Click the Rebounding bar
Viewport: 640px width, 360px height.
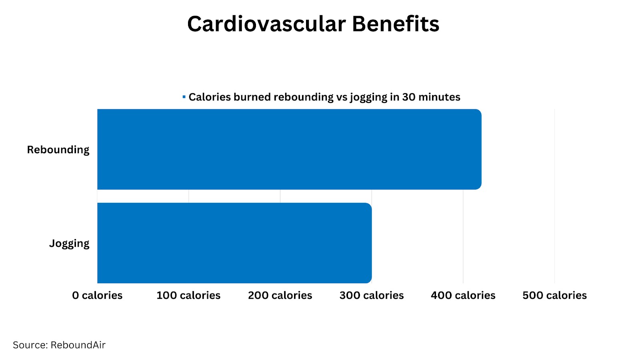289,149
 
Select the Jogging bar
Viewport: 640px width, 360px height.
234,243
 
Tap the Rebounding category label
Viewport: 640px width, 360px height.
58,150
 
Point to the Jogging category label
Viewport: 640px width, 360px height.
69,243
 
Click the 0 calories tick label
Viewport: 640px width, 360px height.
97,295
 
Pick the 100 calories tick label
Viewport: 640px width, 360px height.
188,295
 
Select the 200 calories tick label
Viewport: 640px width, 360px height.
280,295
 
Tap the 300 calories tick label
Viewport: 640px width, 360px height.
372,295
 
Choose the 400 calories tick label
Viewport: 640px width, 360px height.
463,295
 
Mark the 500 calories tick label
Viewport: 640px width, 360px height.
555,295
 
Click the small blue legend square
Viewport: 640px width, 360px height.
184,97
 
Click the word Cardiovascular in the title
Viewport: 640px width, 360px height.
266,24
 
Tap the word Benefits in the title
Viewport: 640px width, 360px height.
396,24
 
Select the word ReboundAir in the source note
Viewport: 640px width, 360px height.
78,345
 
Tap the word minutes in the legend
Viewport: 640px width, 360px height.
439,97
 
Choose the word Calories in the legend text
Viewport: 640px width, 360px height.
210,97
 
